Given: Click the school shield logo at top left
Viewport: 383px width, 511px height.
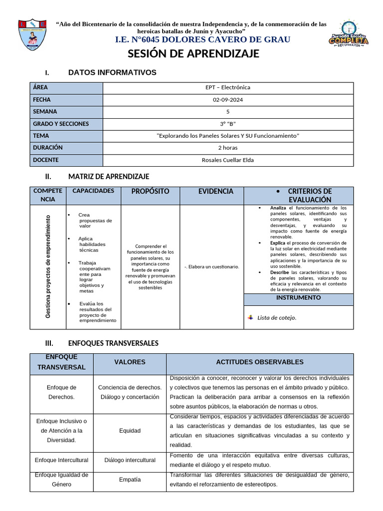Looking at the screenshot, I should tap(32, 35).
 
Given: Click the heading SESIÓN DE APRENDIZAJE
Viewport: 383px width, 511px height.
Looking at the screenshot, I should tap(193, 54).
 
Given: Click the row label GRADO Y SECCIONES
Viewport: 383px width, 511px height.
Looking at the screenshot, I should tap(61, 124).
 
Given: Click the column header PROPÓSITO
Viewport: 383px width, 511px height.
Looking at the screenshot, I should tap(150, 191).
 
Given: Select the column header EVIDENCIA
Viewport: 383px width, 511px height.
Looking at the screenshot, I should tap(215, 191).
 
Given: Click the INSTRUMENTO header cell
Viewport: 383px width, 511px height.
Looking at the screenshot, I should tap(298, 297).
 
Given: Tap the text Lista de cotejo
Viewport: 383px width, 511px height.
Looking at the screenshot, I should tap(276, 317).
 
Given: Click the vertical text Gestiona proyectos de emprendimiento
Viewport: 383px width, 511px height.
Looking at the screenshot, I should tap(48, 266).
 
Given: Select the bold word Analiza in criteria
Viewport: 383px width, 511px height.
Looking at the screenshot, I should tap(278, 208).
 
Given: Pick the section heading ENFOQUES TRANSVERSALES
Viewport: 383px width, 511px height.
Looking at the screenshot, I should tap(113, 343).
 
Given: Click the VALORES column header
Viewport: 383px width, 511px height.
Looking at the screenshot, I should tap(130, 362).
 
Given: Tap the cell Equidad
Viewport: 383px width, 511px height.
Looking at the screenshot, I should tap(130, 431).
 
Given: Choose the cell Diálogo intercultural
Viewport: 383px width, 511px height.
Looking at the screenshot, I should tap(130, 460).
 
